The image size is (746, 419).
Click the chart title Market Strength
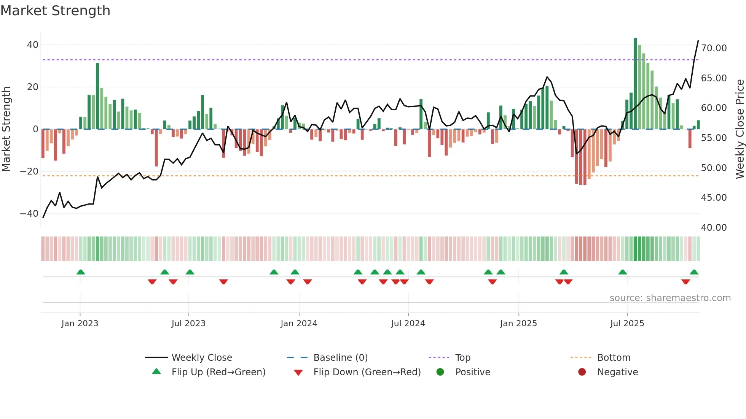(x=55, y=11)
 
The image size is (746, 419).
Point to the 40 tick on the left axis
(x=33, y=45)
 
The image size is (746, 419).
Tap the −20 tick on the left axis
(x=29, y=171)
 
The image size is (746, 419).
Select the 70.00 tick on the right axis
(x=714, y=48)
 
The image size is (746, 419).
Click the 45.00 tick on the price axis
(x=714, y=198)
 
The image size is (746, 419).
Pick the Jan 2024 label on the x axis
(x=299, y=324)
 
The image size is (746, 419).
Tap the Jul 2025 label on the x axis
(x=627, y=324)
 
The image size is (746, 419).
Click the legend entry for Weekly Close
(x=202, y=358)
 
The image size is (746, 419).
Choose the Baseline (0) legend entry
(x=340, y=358)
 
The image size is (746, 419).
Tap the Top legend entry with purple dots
(x=463, y=358)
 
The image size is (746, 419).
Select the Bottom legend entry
(x=614, y=358)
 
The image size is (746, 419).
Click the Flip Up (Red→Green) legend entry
(x=218, y=372)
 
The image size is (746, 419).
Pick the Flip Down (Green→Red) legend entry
(x=367, y=372)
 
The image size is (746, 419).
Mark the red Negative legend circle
(x=582, y=372)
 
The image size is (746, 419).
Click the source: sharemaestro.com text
(x=670, y=298)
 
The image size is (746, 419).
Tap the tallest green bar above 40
(x=635, y=84)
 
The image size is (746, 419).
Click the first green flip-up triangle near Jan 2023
(x=81, y=272)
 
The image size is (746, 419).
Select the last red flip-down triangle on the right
(x=685, y=282)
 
